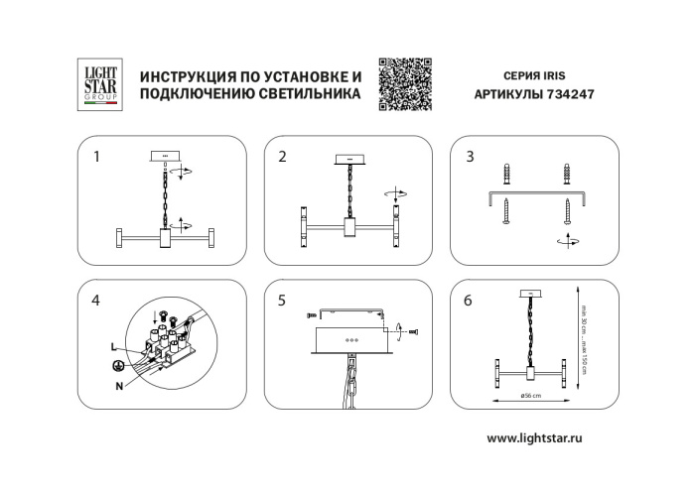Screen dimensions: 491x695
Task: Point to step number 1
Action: pyautogui.click(x=96, y=156)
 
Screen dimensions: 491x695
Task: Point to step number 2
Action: pyautogui.click(x=282, y=156)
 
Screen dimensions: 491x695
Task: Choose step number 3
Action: pyautogui.click(x=470, y=156)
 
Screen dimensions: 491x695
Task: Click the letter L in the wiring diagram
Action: pyautogui.click(x=114, y=345)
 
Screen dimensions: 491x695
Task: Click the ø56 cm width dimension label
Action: pyautogui.click(x=529, y=396)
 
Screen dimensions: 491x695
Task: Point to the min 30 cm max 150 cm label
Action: pyautogui.click(x=586, y=332)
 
